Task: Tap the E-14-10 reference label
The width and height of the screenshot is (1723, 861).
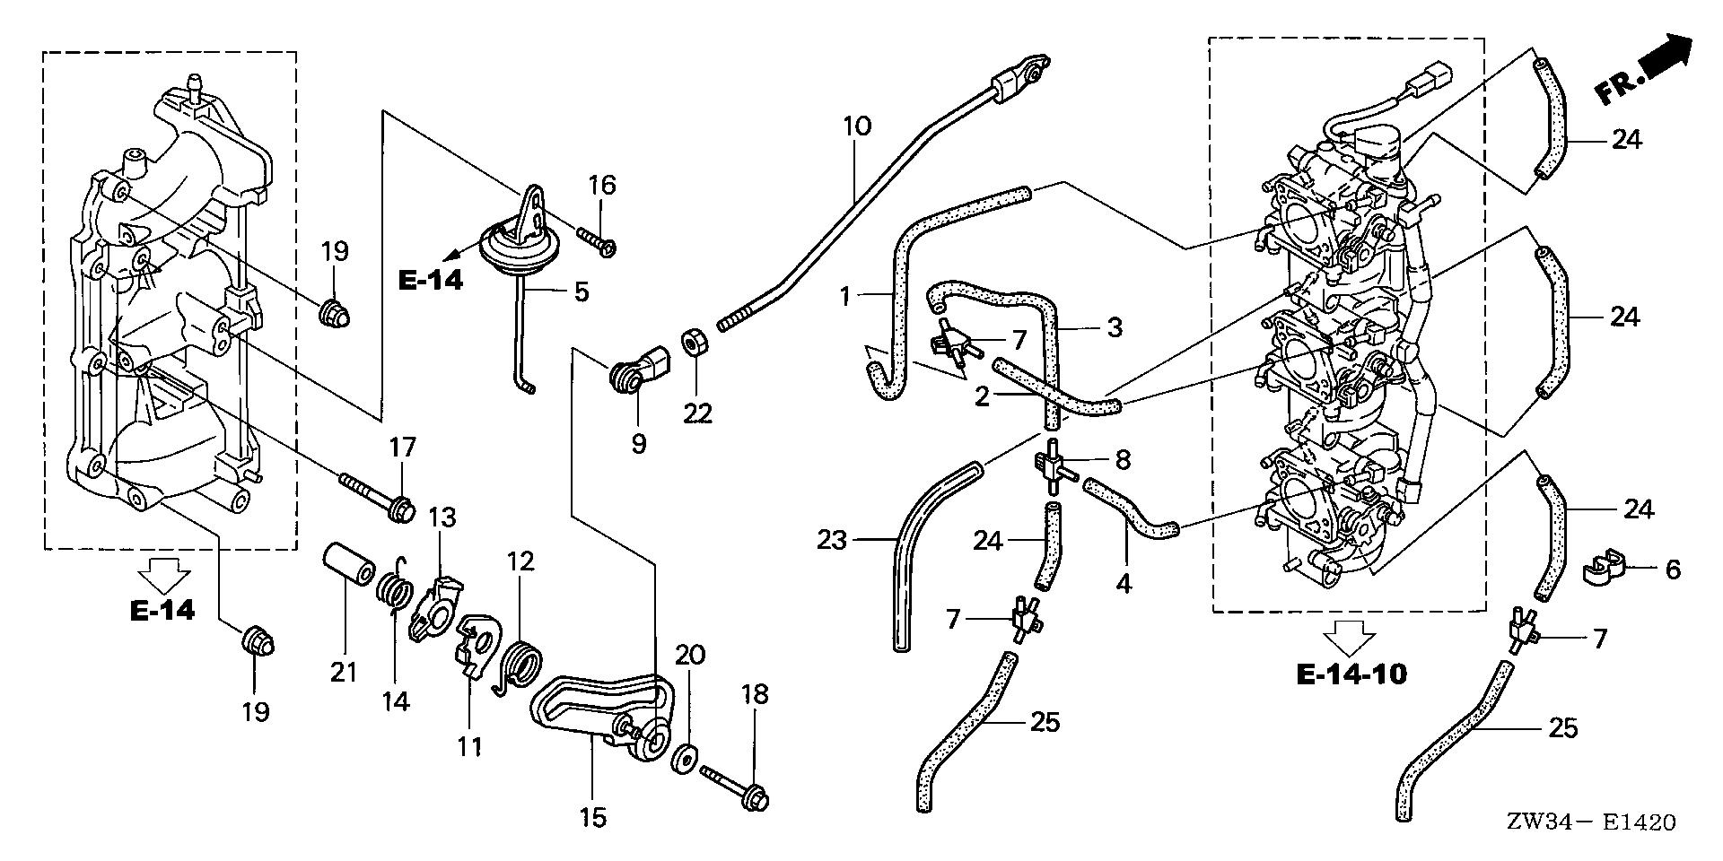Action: [1351, 674]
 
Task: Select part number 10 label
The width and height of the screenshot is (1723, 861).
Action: [856, 126]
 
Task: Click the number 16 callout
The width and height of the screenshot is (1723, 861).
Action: [602, 186]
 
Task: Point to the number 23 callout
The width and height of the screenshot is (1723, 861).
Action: [832, 540]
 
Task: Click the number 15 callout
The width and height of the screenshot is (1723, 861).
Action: [593, 816]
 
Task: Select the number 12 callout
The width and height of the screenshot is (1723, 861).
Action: [520, 561]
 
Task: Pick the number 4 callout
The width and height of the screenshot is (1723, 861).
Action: [1123, 584]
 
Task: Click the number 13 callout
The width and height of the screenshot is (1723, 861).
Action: [442, 517]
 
